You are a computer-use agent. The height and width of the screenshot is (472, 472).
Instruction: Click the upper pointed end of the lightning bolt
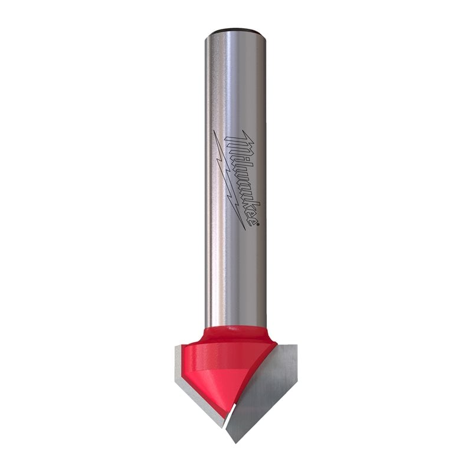coord(214,131)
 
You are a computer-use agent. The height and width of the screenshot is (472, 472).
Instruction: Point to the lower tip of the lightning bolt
coord(244,229)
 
